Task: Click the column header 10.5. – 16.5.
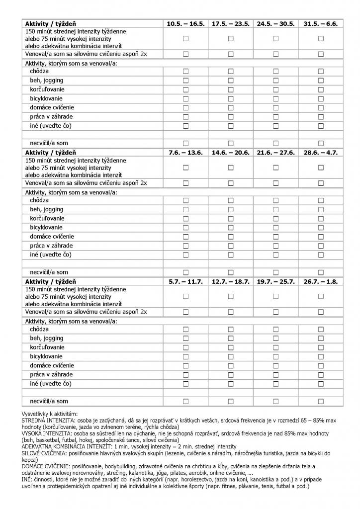tap(185, 24)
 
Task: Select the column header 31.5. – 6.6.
tap(321, 24)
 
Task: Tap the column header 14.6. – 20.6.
tap(231, 153)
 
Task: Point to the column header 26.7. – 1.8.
tap(321, 281)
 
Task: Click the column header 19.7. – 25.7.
tap(275, 281)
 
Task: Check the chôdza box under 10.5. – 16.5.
tap(185, 72)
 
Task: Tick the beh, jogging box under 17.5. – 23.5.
tap(231, 81)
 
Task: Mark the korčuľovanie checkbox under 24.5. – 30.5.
tap(275, 89)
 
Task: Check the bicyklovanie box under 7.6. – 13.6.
tap(185, 228)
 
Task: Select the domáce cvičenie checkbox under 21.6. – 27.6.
tap(275, 237)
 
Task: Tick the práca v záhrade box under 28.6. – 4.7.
tap(321, 246)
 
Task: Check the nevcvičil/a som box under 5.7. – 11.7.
tap(185, 401)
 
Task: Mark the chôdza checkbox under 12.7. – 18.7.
tap(231, 329)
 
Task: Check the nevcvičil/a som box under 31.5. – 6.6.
tap(321, 144)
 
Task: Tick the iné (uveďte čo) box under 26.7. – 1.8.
tap(321, 383)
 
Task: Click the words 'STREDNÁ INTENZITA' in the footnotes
tap(46, 421)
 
